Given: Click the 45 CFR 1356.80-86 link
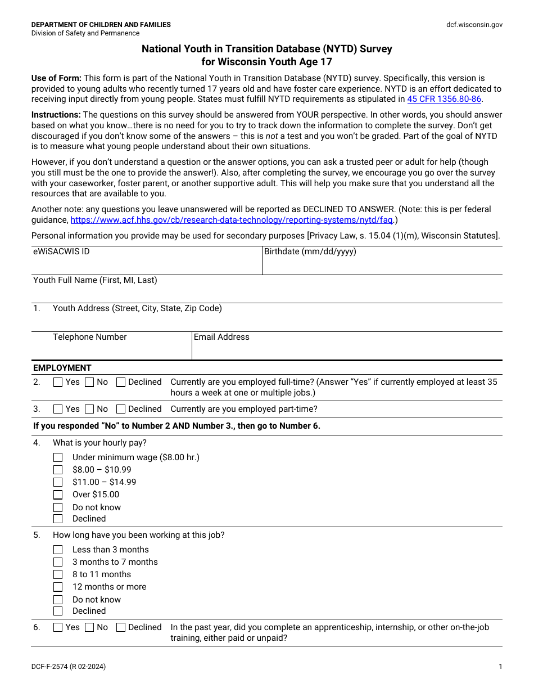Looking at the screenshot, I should [444, 99].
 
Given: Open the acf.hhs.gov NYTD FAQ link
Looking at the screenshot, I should [231, 220].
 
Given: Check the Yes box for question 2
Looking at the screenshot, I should [58, 383].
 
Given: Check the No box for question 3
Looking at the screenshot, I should [89, 410].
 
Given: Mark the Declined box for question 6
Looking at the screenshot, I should [121, 628].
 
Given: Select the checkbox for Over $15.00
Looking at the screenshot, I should [58, 495].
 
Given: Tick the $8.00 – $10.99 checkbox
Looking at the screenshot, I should [58, 470].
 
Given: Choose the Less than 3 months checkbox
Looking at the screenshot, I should [58, 550].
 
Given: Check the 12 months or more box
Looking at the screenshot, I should [58, 587].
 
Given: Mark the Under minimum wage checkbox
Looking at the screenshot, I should [58, 458].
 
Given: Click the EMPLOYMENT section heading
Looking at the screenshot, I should [62, 368].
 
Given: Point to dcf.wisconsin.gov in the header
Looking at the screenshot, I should [474, 25].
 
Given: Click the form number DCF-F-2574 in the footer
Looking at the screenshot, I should [68, 667].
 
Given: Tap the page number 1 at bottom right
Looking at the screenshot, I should [500, 667].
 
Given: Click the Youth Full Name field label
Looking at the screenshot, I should [95, 280].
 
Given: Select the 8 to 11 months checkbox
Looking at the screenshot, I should [58, 575].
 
